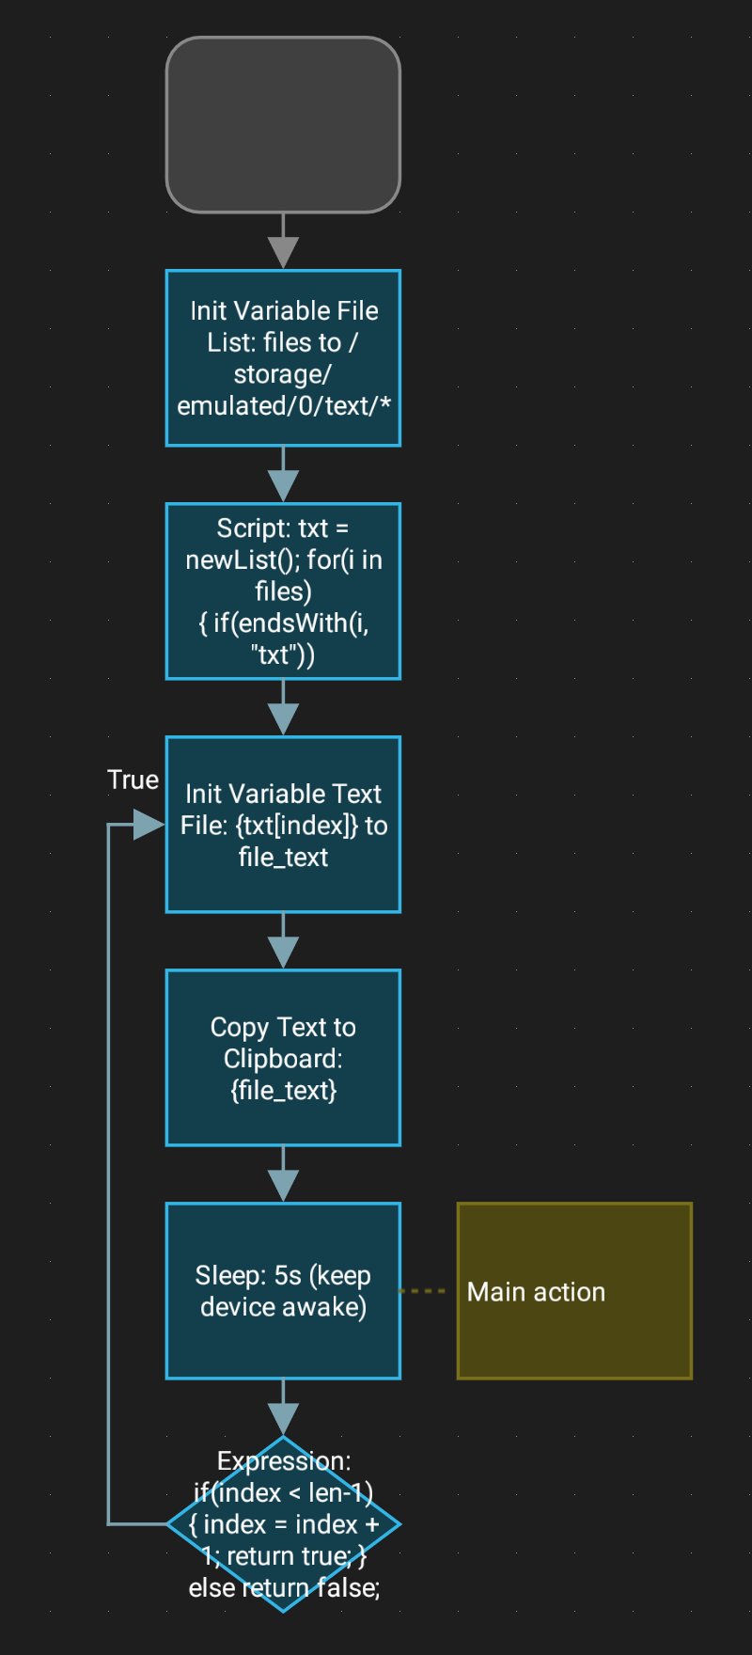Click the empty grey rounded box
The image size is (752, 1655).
(283, 124)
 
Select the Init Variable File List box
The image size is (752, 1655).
(283, 357)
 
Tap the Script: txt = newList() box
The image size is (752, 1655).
(283, 591)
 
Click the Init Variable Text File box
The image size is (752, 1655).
(283, 824)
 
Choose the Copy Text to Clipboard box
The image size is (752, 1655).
(283, 1057)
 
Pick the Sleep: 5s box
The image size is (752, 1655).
(283, 1290)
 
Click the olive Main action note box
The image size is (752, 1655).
(574, 1290)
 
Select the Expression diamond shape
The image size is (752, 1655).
(283, 1523)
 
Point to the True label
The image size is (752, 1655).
(133, 780)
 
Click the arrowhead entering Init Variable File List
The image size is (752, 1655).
(283, 252)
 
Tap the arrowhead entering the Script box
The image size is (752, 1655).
(283, 485)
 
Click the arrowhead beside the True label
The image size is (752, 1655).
(149, 825)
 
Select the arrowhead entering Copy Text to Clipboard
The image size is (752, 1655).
(283, 952)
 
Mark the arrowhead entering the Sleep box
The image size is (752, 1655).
(283, 1185)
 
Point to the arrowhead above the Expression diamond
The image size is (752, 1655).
(283, 1418)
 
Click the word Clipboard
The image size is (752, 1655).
(282, 1059)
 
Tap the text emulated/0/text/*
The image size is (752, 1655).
(284, 406)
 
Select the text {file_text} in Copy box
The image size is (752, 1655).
(283, 1091)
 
